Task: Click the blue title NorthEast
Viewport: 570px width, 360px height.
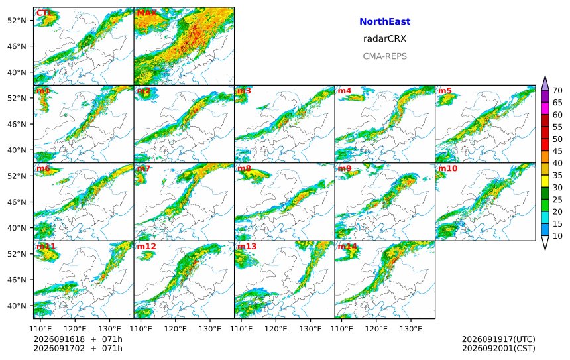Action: pyautogui.click(x=384, y=21)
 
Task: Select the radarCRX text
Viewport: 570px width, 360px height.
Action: pyautogui.click(x=384, y=39)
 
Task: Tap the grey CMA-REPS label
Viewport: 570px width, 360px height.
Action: pyautogui.click(x=384, y=56)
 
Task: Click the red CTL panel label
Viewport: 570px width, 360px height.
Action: pyautogui.click(x=44, y=13)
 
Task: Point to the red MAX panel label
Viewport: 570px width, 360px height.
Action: pyautogui.click(x=146, y=13)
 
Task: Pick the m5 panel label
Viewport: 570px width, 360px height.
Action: pyautogui.click(x=445, y=91)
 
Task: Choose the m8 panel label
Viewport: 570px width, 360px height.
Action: pyautogui.click(x=244, y=168)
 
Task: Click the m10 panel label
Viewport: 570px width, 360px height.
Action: pyautogui.click(x=447, y=168)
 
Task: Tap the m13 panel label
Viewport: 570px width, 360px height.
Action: pyautogui.click(x=247, y=247)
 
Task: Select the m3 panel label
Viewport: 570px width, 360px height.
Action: pyautogui.click(x=244, y=91)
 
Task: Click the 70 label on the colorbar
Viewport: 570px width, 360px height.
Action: pyautogui.click(x=557, y=91)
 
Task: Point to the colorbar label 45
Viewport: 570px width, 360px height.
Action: pyautogui.click(x=557, y=151)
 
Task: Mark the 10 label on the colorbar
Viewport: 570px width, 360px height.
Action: pyautogui.click(x=557, y=236)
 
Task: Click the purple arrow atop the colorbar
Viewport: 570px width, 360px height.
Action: pyautogui.click(x=545, y=83)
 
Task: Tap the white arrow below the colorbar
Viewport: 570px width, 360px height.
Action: pyautogui.click(x=545, y=243)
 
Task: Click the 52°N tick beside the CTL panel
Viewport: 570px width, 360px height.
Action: pyautogui.click(x=17, y=21)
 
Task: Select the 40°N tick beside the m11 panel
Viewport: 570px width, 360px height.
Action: pyautogui.click(x=17, y=306)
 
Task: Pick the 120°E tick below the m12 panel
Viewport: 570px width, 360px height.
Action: pyautogui.click(x=176, y=329)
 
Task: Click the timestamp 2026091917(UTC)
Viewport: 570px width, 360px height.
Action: pyautogui.click(x=498, y=339)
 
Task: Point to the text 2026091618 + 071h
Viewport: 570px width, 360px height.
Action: pyautogui.click(x=78, y=339)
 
